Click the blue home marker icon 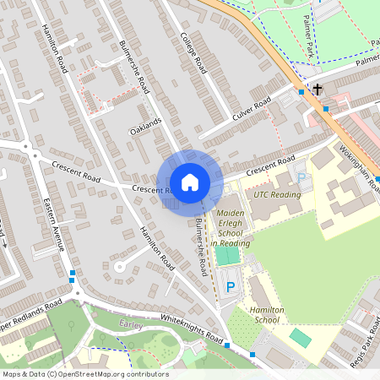click(x=190, y=182)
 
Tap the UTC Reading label click(x=276, y=194)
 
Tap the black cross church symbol click(x=318, y=89)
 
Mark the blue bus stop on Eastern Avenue click(x=73, y=273)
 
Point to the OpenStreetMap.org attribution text click(x=84, y=374)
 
